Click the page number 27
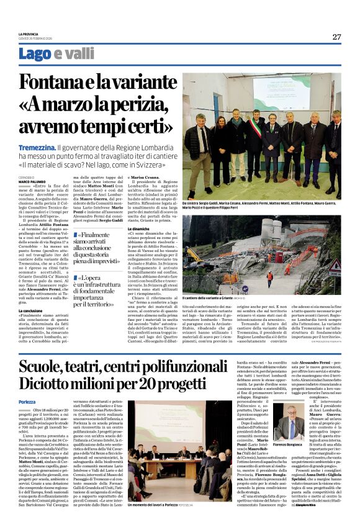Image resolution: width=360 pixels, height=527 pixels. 336,37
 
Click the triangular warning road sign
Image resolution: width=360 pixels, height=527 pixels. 334,268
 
